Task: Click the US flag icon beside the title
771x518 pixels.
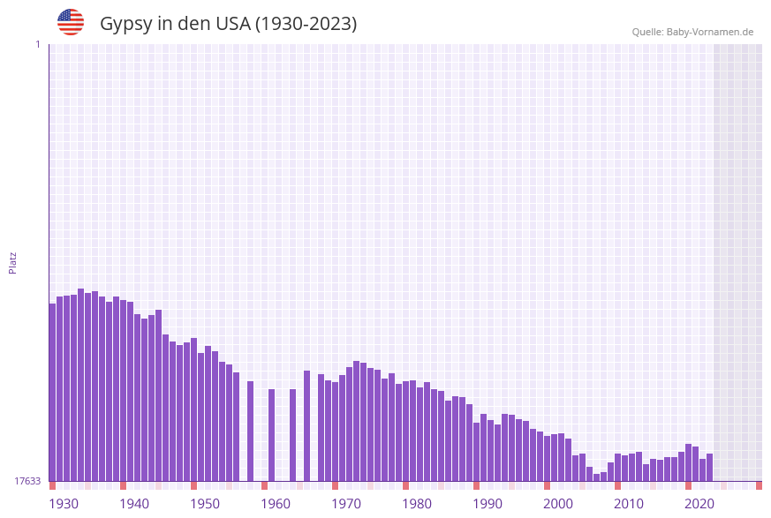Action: click(x=71, y=22)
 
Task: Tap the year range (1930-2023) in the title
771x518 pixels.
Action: click(x=306, y=24)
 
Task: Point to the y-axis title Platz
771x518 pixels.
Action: click(x=13, y=262)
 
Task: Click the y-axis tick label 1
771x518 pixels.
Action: click(x=37, y=44)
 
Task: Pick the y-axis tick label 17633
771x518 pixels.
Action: click(x=26, y=481)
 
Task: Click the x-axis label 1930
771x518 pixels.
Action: click(x=64, y=504)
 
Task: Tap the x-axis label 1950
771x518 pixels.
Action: click(x=205, y=504)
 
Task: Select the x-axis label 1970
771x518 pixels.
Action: click(x=346, y=504)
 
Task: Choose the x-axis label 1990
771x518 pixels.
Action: click(x=488, y=504)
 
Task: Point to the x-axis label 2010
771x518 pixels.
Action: click(x=629, y=504)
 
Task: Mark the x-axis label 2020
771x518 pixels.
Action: click(x=699, y=504)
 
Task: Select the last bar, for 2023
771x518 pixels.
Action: click(x=709, y=467)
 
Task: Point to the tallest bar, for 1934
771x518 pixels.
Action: click(x=80, y=385)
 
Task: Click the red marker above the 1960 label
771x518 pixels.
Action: click(x=264, y=485)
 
